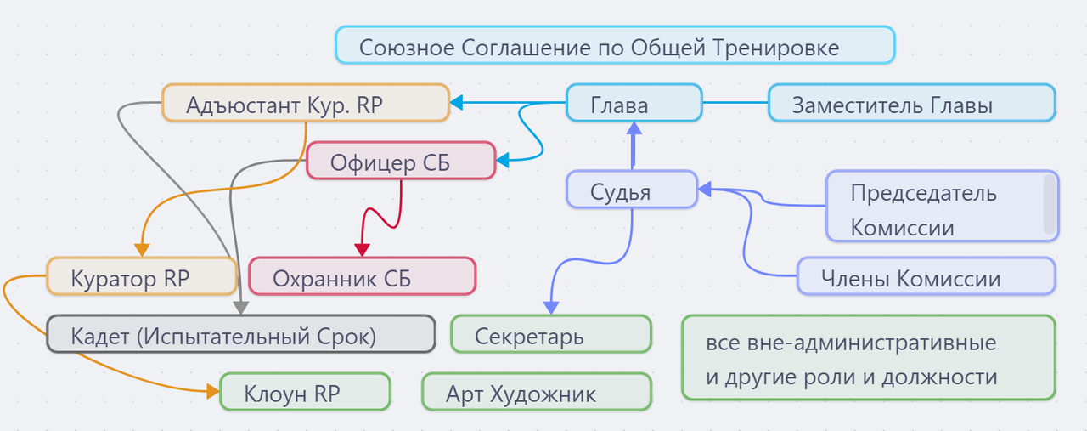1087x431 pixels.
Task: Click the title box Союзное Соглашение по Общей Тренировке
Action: coord(615,45)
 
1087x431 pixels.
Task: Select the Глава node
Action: coord(634,103)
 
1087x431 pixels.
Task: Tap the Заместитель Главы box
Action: coord(912,103)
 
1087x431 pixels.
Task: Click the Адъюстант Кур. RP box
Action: coord(306,103)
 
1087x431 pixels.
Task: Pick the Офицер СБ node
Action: coord(401,161)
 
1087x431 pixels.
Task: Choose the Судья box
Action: coord(632,190)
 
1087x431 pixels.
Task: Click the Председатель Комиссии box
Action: coord(942,206)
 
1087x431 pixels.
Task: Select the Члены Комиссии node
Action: coord(926,276)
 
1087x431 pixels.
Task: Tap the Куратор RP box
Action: coord(142,276)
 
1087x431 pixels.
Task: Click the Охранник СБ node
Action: coord(363,276)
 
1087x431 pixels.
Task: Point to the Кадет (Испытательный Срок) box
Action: coord(241,334)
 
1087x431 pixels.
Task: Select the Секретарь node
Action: coord(551,334)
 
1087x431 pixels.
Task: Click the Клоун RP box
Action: coord(305,392)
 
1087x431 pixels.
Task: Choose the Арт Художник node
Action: coord(537,392)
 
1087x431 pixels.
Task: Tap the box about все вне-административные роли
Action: coord(869,358)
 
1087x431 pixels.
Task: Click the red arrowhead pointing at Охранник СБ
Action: coord(363,250)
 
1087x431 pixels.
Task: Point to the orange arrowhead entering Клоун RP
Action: coord(213,391)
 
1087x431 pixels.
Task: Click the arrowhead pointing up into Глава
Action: coord(634,128)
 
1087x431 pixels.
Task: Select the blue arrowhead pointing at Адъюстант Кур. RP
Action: coord(456,103)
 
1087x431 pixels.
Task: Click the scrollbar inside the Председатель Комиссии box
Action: coord(1049,204)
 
